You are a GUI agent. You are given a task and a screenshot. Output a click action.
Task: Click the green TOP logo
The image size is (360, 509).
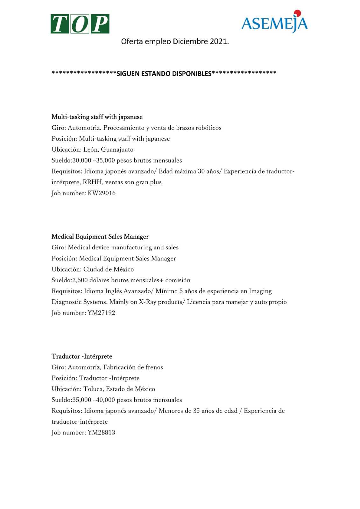pos(80,24)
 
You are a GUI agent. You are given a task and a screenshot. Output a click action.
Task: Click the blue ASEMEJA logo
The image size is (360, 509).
pos(274,23)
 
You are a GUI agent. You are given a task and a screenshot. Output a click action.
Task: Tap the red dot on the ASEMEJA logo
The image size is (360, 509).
pos(297,13)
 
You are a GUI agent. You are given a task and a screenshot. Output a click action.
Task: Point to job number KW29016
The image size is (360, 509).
pos(102,193)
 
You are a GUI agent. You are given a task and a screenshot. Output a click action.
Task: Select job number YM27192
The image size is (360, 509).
pos(101,313)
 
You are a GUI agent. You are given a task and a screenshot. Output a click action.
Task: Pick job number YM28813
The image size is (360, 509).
pos(101,432)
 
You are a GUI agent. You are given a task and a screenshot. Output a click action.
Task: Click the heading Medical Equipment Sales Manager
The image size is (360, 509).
pos(100,236)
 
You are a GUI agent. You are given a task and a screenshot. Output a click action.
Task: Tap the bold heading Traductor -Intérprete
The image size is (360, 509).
pos(82,356)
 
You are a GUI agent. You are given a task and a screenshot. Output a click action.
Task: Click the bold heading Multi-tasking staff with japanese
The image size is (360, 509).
pos(97,117)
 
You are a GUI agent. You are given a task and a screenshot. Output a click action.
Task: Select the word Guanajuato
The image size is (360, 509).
pos(117,150)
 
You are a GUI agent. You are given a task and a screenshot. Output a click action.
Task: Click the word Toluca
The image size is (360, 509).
pos(93,389)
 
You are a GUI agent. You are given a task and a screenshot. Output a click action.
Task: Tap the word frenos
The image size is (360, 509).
pos(154,367)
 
